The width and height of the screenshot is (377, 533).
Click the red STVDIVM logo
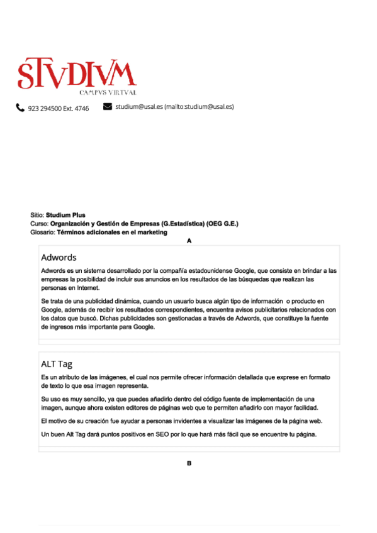click(x=76, y=74)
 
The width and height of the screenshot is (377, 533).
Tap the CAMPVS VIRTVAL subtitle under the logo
click(x=108, y=92)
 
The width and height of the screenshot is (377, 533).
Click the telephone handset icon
click(x=20, y=107)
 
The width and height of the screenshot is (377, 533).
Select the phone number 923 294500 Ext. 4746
click(x=58, y=108)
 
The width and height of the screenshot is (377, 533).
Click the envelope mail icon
click(x=107, y=106)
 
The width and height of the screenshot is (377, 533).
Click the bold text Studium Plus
click(x=65, y=215)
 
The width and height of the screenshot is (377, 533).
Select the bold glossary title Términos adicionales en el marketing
click(x=112, y=232)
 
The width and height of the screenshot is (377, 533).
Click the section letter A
click(x=189, y=241)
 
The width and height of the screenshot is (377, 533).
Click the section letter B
click(x=189, y=463)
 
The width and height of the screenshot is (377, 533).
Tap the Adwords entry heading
click(x=59, y=258)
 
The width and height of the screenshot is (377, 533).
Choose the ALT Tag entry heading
click(x=57, y=364)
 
